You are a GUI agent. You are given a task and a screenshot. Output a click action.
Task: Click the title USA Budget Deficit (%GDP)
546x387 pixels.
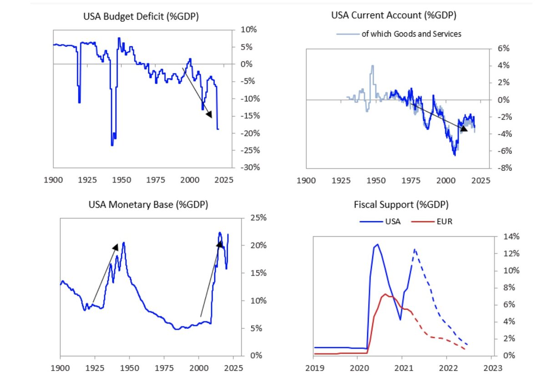141,17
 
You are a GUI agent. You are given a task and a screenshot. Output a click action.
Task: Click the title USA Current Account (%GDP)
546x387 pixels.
394,15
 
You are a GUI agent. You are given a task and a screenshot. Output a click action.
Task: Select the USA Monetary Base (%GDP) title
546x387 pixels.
148,204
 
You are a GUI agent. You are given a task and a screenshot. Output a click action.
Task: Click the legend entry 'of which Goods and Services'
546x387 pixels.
411,34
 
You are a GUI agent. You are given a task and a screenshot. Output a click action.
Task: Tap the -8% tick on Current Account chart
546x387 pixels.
497,168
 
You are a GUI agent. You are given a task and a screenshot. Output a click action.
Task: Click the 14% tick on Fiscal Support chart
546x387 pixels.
503,236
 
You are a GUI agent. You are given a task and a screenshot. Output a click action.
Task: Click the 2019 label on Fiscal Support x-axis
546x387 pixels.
313,367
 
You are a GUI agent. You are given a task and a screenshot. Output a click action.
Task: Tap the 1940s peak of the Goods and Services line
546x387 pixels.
373,66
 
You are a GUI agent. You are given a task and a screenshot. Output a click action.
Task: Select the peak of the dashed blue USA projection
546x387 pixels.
415,249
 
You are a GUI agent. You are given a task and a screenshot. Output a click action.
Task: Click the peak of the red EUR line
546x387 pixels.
385,294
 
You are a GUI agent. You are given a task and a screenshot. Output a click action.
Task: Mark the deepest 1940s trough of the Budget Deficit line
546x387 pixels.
112,145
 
